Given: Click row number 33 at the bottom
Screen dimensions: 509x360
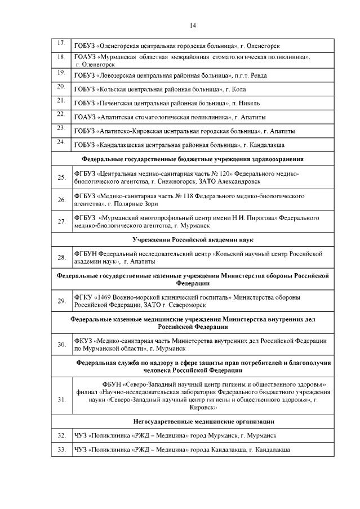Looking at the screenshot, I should (61, 450).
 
